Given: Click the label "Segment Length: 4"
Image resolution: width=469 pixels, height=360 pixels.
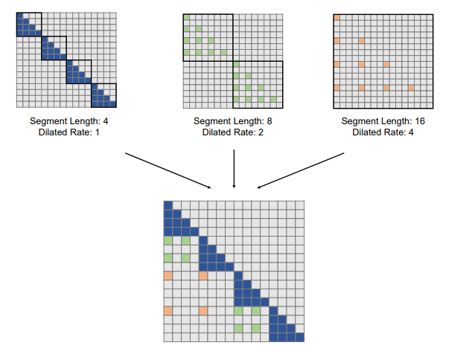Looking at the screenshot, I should [66, 121].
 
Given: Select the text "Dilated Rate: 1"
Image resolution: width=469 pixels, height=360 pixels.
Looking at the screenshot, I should [66, 132].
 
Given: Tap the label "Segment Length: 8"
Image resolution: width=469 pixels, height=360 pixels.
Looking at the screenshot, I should [233, 121].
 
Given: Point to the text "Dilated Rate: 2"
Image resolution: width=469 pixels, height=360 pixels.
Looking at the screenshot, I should [233, 132].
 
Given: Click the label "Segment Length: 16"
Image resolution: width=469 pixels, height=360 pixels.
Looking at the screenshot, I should [383, 121].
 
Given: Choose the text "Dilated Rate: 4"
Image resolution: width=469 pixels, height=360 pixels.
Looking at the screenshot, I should [383, 132].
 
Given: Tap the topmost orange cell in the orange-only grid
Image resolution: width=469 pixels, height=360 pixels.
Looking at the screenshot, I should [337, 16].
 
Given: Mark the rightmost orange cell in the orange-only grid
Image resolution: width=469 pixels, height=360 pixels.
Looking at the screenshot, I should [411, 88].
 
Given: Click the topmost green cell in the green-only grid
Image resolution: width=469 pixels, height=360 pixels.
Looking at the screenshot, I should [187, 16].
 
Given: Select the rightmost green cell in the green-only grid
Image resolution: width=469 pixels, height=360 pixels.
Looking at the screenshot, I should [274, 100].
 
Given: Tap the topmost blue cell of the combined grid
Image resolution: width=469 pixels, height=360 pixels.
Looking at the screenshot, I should [168, 205].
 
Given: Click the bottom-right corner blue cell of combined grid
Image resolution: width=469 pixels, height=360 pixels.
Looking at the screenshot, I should [300, 337].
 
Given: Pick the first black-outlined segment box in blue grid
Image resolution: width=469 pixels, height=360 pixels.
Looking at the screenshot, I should [28, 24].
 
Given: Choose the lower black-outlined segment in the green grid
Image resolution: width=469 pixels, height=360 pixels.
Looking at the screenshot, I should [258, 83].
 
